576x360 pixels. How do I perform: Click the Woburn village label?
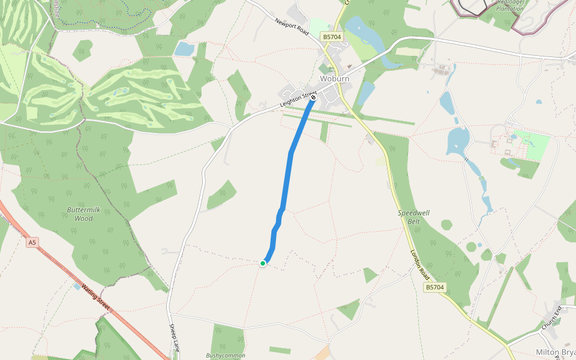pos(335,79)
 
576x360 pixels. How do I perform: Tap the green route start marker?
pos(263,263)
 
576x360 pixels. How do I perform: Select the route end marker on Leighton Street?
pos(313,97)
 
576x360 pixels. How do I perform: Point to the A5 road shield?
pos(32,242)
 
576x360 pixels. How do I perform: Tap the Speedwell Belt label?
pos(413,217)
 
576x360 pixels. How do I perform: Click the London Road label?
pos(420,264)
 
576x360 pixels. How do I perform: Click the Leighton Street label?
pos(298,100)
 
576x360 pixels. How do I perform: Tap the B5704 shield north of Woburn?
pos(332,37)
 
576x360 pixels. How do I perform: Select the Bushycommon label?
pos(226,355)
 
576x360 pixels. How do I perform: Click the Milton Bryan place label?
pos(556,352)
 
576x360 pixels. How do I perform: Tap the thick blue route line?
pos(291,156)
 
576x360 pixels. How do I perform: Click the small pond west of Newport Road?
pos(184,49)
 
